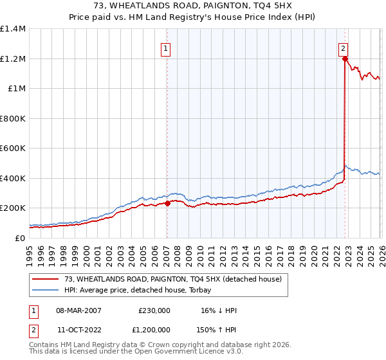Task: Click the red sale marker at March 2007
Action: pos(167,204)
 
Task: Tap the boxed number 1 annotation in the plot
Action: pos(166,48)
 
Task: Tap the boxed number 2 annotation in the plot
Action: pos(344,48)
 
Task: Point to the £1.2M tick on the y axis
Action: pos(12,59)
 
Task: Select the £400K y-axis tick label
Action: pos(12,178)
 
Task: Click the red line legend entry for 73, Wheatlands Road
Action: pos(173,279)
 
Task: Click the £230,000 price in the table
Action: pos(154,310)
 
